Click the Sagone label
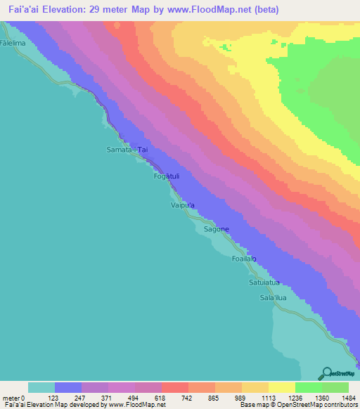(x=217, y=230)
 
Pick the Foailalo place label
(x=243, y=259)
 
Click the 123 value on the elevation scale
(x=53, y=397)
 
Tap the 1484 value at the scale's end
(x=347, y=397)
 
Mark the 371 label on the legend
(x=107, y=397)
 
